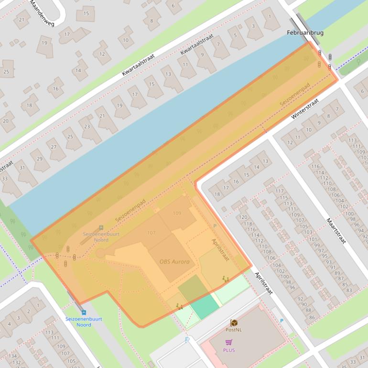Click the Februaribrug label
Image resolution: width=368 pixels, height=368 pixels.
point(305,33)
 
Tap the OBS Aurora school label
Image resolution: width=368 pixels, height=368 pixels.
point(174,261)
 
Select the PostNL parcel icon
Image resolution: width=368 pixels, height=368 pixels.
point(234,323)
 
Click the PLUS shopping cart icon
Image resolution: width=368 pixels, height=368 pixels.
point(229,342)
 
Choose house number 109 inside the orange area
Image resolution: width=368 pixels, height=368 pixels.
point(177,213)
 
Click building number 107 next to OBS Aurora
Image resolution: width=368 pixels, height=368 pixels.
point(152,233)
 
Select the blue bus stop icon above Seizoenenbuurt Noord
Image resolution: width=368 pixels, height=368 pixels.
point(84,312)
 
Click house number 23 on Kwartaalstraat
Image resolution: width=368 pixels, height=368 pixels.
point(87,127)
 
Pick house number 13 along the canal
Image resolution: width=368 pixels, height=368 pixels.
point(168,75)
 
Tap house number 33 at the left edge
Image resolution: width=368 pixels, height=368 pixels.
point(5,179)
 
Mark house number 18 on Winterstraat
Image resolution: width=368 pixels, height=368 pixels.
point(217,194)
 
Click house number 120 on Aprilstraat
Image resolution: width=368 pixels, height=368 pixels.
point(243,217)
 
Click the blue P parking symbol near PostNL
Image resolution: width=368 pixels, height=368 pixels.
point(281,321)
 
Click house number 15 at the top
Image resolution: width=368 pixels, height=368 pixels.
point(86,13)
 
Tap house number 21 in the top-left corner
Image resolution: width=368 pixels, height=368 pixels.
point(21,20)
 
